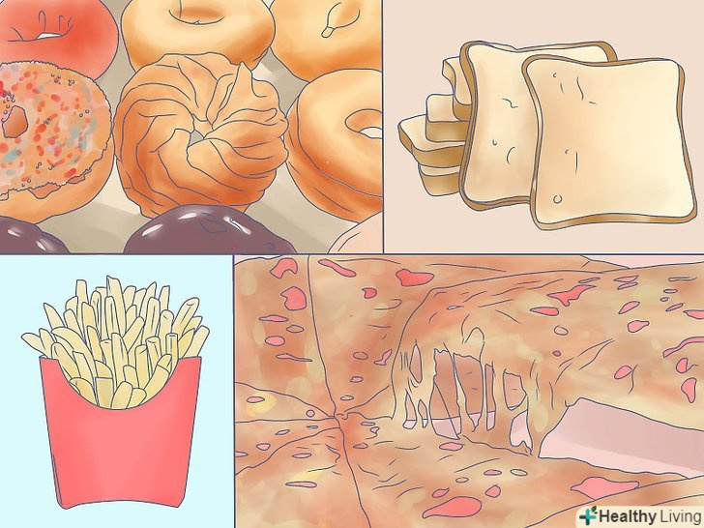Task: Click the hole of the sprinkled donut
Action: tap(15, 121)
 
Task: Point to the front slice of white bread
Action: tap(607, 142)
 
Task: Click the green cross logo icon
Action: tap(588, 515)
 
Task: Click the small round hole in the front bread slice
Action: tap(558, 198)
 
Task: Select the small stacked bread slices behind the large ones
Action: tap(431, 134)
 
